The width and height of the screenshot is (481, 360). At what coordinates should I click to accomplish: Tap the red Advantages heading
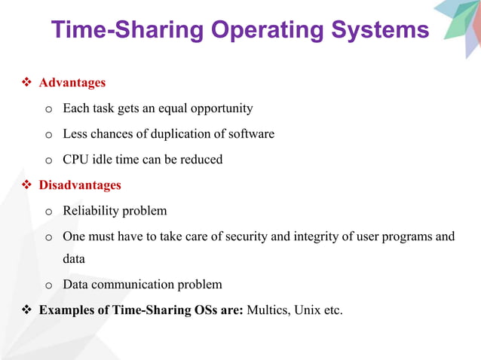pos(72,83)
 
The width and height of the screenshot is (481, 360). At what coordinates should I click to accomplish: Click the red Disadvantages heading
pos(80,185)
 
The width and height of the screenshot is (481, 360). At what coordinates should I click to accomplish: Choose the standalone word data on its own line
pos(74,259)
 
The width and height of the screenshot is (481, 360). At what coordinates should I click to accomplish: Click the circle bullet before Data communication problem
pos(48,285)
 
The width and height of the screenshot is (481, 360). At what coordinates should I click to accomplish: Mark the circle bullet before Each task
pos(48,109)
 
